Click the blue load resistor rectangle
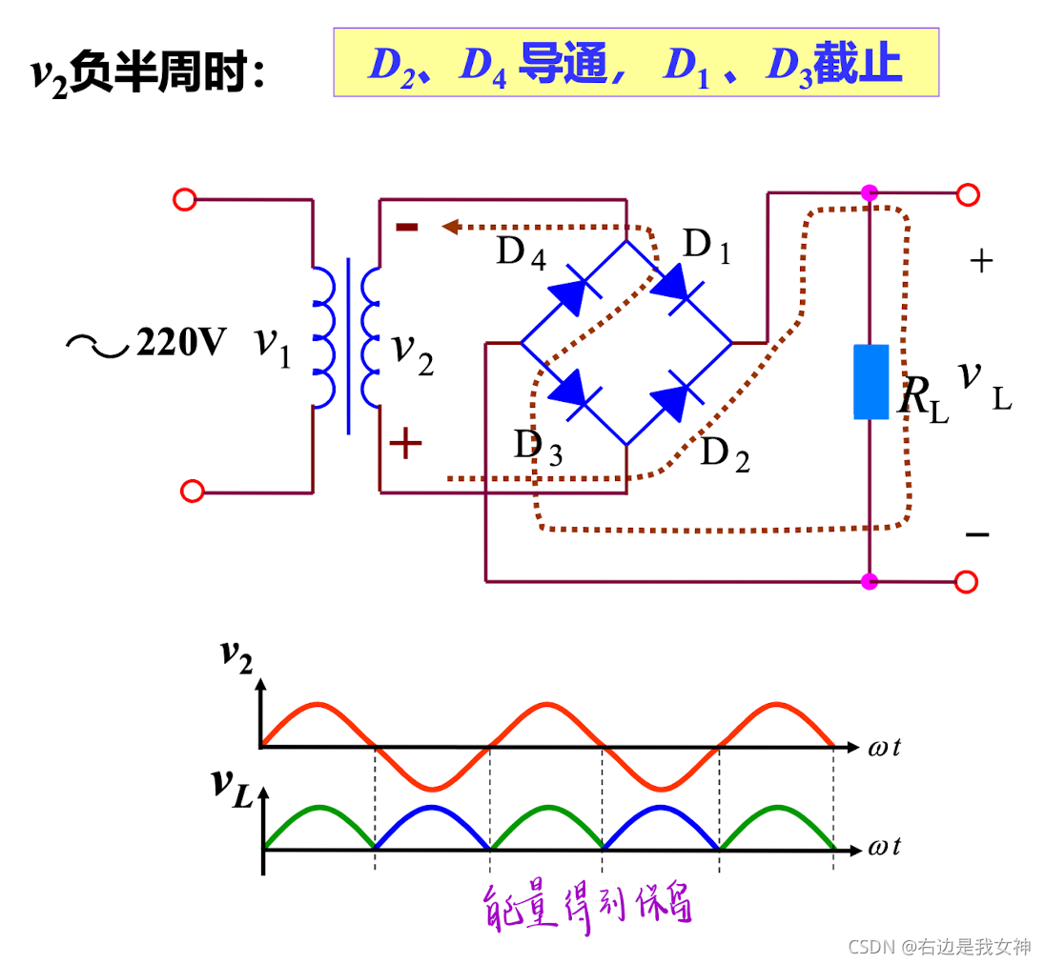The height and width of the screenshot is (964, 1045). coord(871,382)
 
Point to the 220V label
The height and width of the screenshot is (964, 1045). coord(180,341)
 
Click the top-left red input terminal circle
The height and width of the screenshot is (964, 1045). coord(184,199)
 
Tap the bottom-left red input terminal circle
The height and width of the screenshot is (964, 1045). coord(192,492)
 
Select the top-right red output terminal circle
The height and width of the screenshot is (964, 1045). coord(968,195)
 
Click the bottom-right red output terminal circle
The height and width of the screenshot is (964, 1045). coord(966,581)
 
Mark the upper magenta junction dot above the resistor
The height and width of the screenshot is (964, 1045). coord(869,193)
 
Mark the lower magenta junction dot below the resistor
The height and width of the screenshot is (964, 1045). coord(869,580)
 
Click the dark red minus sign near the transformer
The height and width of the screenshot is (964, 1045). coord(407,227)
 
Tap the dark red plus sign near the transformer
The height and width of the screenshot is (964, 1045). coord(406,443)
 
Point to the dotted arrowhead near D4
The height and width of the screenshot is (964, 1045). coord(451,227)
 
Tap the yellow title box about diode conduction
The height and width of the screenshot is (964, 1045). coord(635,63)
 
